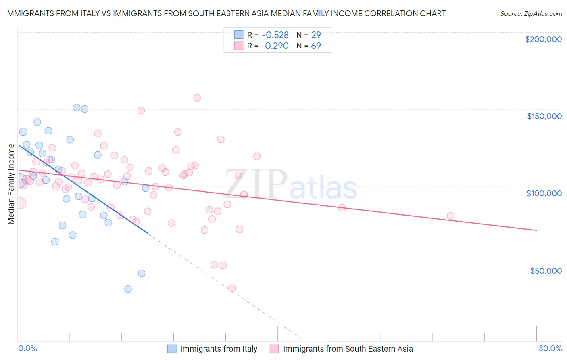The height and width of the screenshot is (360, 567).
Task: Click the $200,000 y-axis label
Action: (x=543, y=39)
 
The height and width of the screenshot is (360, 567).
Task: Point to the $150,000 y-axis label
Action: (x=544, y=116)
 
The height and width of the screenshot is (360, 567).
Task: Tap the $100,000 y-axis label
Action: (x=544, y=193)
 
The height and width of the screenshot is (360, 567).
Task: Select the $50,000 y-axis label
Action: (x=546, y=270)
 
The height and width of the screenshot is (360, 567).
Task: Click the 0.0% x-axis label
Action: (x=27, y=348)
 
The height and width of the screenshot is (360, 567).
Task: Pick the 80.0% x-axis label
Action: (x=550, y=348)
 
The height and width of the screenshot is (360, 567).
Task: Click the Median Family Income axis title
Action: (x=11, y=184)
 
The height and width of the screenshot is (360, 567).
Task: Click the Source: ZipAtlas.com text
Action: (x=531, y=13)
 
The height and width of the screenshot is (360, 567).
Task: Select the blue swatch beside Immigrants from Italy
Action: (x=172, y=349)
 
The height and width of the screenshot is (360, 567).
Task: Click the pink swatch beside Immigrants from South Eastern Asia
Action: (x=274, y=349)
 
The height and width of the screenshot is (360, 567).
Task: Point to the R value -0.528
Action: (x=275, y=35)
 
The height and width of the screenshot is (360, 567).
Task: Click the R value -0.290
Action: (x=275, y=46)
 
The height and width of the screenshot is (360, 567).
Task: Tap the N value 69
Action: (x=316, y=46)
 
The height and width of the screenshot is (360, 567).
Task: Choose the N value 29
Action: (x=316, y=35)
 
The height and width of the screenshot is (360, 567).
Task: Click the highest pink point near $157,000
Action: (x=197, y=98)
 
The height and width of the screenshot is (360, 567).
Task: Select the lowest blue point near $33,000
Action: (x=128, y=289)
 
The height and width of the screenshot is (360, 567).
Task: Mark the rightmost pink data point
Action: (x=450, y=216)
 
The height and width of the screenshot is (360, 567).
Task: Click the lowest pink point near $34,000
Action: (x=232, y=288)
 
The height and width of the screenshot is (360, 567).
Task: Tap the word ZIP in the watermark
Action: (x=256, y=185)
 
